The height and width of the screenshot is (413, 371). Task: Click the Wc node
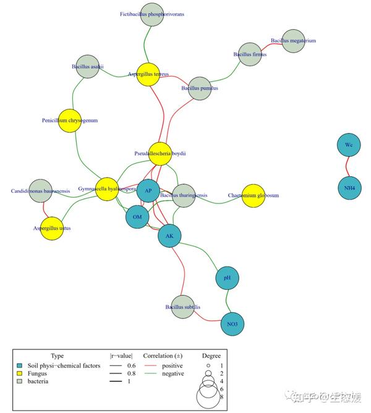pos(349,145)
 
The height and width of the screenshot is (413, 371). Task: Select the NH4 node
pos(349,187)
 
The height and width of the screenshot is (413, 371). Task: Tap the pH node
pos(227,278)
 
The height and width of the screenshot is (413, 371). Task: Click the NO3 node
pos(232,323)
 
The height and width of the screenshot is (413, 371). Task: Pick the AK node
pos(169,236)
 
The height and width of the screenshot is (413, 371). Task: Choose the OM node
pos(137,217)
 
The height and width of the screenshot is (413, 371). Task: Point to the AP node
pos(148,191)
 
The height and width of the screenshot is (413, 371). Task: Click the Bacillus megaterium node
pos(293,41)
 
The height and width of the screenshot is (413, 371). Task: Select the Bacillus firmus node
pos(250,54)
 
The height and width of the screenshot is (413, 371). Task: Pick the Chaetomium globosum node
pos(253,195)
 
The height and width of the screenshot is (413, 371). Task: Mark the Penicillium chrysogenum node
pos(70,121)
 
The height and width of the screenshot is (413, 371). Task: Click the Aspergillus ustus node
pos(52,228)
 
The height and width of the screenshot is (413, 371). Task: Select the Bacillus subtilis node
pos(182,307)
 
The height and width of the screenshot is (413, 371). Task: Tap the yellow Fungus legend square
pos(20,373)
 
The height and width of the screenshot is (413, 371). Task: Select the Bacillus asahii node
pos(87,67)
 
